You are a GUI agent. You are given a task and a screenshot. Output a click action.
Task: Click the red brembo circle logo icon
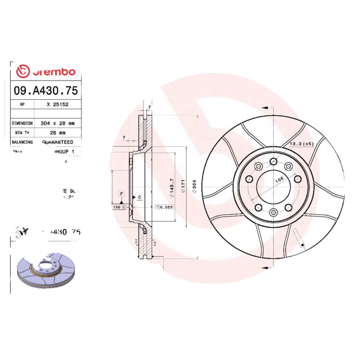pos(22,72)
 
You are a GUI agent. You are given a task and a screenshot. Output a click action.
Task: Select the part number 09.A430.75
pos(45,90)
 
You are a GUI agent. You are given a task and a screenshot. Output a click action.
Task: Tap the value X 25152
pos(57,104)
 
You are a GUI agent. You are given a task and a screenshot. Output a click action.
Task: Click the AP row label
pos(22,104)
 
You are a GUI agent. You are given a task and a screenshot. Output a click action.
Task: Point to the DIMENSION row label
pos(22,123)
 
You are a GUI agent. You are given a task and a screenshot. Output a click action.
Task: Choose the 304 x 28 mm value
pos(57,123)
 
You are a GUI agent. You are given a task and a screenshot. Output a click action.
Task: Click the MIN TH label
pos(22,133)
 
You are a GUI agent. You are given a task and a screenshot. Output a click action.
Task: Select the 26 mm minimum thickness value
pos(57,133)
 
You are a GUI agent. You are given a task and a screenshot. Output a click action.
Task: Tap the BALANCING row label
pos(22,142)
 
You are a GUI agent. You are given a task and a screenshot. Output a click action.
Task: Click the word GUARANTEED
pos(58,142)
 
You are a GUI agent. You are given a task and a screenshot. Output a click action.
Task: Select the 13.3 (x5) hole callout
pos(301,144)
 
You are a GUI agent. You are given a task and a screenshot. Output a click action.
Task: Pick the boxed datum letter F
pos(121,193)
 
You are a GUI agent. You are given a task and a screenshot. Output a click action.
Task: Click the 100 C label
pos(119,207)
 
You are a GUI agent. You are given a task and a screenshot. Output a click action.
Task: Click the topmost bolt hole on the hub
pos(273,162)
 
